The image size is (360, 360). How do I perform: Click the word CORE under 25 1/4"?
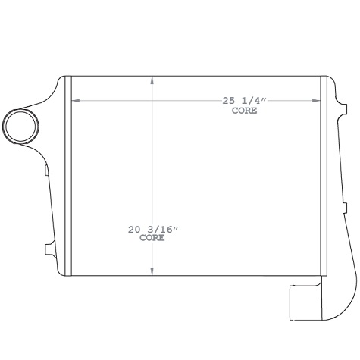click(x=244, y=111)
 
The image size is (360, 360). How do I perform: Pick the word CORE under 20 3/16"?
click(x=152, y=237)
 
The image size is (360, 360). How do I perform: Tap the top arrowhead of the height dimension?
click(x=153, y=80)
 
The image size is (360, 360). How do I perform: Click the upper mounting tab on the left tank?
click(x=46, y=170)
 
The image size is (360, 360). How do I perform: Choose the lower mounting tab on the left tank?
click(x=48, y=247)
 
